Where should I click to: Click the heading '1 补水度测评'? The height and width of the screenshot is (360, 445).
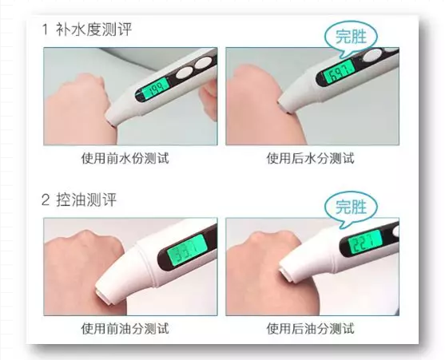pos(86,30)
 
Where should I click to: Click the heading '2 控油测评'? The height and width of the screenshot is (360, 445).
pos(79,200)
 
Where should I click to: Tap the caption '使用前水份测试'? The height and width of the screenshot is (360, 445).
pos(125,158)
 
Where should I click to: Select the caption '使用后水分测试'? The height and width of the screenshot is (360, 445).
pos(310,158)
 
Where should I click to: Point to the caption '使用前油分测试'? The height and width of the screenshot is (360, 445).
pos(125,329)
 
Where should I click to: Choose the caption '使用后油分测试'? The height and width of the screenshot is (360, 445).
pos(310,329)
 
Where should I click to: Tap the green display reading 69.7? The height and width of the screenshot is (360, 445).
pos(339,73)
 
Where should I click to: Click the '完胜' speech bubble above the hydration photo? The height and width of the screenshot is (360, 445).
pos(351,38)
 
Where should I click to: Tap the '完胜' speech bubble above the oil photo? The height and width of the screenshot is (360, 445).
pos(351,208)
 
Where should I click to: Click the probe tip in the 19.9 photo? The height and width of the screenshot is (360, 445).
pos(111,122)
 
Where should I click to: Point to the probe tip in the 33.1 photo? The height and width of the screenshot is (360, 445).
pos(103,295)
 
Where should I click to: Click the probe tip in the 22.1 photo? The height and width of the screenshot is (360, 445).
pos(286,274)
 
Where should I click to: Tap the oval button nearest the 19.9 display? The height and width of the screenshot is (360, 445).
pos(185,73)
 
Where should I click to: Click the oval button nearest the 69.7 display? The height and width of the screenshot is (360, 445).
pos(372,55)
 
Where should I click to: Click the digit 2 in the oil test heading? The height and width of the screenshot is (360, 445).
pos(46,200)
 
